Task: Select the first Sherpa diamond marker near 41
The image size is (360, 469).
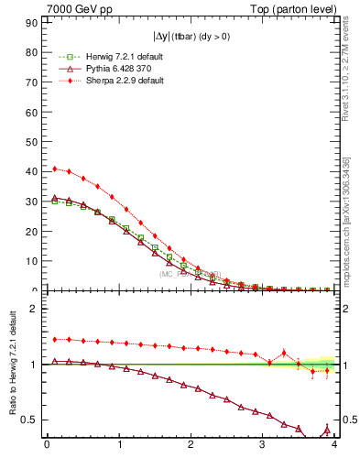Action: tap(55, 169)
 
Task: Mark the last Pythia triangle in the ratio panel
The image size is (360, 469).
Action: tap(327, 428)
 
